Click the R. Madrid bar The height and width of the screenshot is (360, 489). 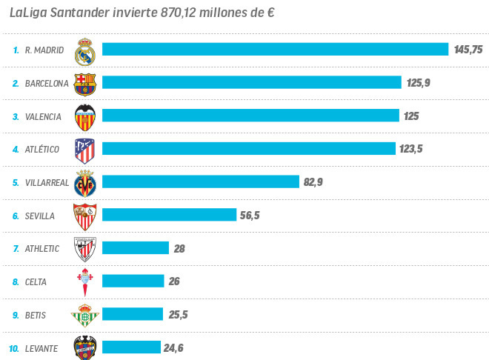pyautogui.click(x=275, y=50)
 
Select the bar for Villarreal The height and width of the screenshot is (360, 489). pyautogui.click(x=200, y=181)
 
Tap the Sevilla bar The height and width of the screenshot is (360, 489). pyautogui.click(x=169, y=215)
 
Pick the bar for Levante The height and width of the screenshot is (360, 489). pyautogui.click(x=131, y=347)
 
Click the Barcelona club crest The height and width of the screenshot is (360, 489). pyautogui.click(x=85, y=83)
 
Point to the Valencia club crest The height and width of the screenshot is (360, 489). pyautogui.click(x=85, y=116)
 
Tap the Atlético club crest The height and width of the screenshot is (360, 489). pyautogui.click(x=85, y=150)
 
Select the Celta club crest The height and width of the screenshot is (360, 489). pyautogui.click(x=84, y=282)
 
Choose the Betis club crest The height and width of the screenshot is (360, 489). pyautogui.click(x=84, y=316)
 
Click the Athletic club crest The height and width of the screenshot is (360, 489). pyautogui.click(x=85, y=249)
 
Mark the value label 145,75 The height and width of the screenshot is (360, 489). pyautogui.click(x=468, y=50)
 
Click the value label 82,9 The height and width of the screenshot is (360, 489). pyautogui.click(x=313, y=182)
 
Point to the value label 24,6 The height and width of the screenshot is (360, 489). pyautogui.click(x=175, y=347)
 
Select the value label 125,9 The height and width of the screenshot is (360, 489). pyautogui.click(x=418, y=83)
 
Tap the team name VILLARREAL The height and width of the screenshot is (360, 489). pyautogui.click(x=47, y=182)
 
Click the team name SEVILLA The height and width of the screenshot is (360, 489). pyautogui.click(x=40, y=216)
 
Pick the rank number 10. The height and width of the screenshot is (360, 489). pyautogui.click(x=13, y=348)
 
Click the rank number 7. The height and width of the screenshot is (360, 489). pyautogui.click(x=16, y=249)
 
